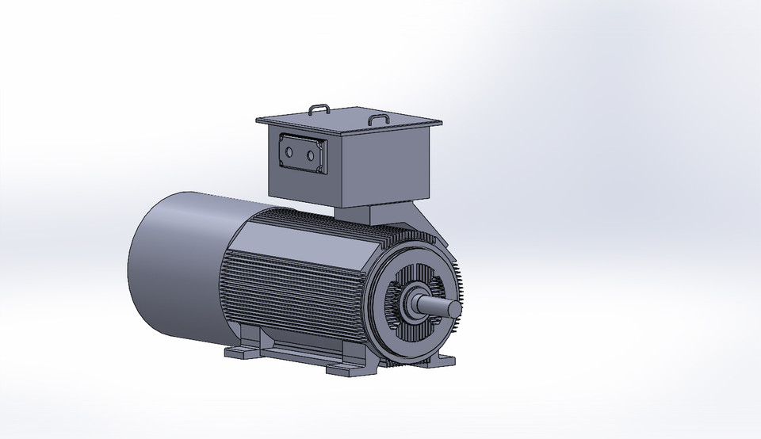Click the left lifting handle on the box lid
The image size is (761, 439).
tap(318, 106)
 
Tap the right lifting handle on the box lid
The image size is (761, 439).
tap(379, 119)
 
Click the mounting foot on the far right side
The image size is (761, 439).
tap(441, 361)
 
